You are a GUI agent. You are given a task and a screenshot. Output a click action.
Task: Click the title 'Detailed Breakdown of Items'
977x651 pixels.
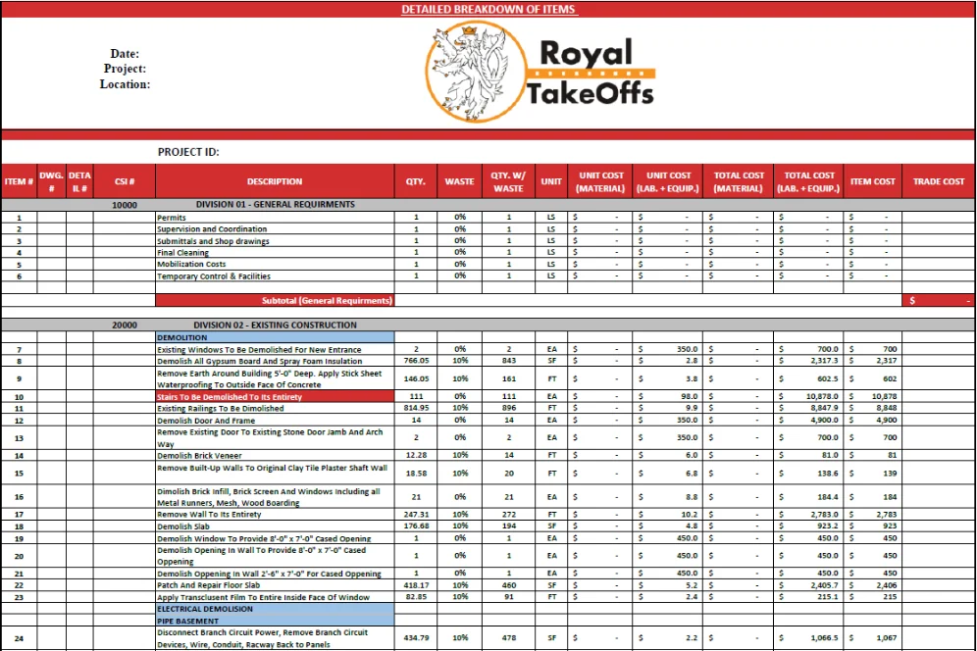tap(488, 9)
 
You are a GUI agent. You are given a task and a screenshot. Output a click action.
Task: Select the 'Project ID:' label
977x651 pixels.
tap(188, 152)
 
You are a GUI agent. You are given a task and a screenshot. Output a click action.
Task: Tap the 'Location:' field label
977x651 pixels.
tap(125, 84)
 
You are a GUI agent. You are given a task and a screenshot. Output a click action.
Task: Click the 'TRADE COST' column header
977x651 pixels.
tap(939, 181)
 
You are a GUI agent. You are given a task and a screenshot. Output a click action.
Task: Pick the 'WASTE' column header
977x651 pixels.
tap(459, 181)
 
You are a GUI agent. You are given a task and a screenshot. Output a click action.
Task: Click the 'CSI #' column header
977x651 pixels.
tap(125, 181)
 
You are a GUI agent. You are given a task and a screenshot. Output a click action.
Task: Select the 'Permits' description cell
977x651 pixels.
tap(172, 218)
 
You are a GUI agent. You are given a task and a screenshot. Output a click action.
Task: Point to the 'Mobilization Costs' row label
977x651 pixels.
tap(191, 265)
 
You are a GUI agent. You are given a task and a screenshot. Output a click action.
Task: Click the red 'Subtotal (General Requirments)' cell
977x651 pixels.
tap(327, 300)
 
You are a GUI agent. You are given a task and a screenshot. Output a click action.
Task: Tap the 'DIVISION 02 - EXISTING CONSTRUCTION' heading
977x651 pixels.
tap(276, 325)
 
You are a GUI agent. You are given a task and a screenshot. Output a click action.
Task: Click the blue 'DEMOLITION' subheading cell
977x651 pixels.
tap(181, 337)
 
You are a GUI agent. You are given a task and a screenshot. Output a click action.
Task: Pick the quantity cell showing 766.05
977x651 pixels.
tap(416, 361)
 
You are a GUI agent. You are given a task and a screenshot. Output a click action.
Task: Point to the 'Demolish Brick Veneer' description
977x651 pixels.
tap(200, 456)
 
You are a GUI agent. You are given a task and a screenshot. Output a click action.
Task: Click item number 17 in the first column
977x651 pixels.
tap(20, 515)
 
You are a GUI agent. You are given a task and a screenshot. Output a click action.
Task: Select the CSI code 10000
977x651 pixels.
tap(125, 205)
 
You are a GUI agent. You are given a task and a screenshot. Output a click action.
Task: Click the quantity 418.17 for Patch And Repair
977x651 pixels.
tap(416, 585)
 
